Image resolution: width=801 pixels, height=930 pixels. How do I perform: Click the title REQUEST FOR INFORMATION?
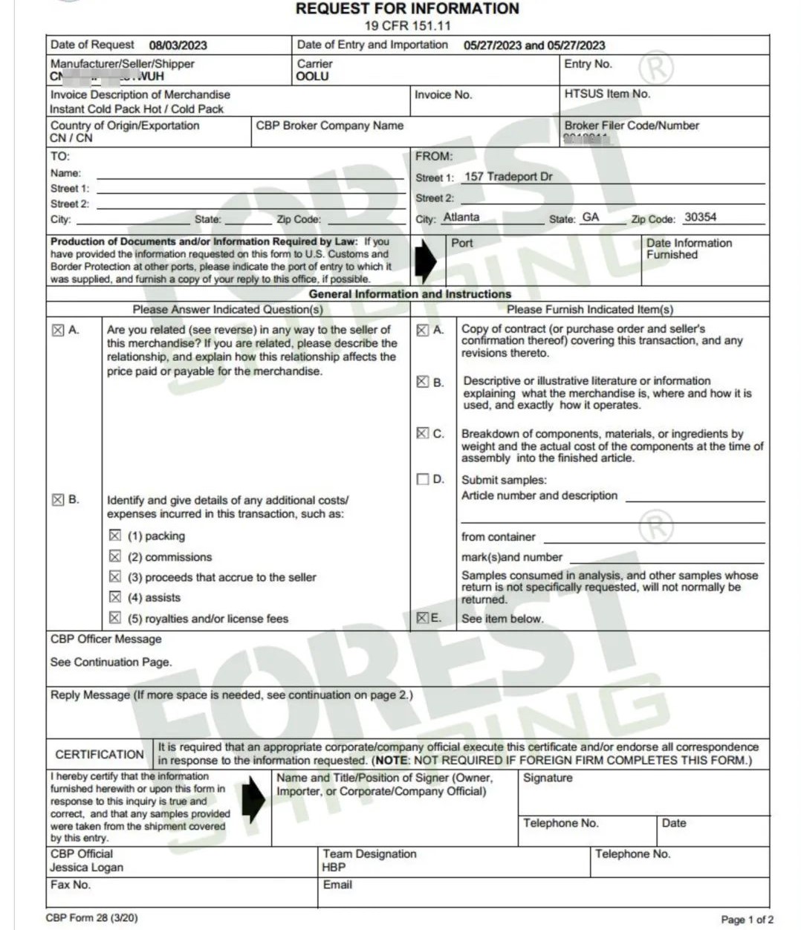pyautogui.click(x=407, y=9)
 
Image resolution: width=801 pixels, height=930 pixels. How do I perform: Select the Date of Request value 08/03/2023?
pyautogui.click(x=178, y=45)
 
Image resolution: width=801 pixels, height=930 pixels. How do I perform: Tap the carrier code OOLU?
pyautogui.click(x=312, y=77)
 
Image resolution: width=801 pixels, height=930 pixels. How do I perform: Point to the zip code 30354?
pyautogui.click(x=700, y=217)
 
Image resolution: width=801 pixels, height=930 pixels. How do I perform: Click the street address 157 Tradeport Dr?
pyautogui.click(x=508, y=177)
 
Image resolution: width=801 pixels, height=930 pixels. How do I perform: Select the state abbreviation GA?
pyautogui.click(x=591, y=217)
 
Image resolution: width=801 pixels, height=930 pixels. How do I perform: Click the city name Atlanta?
pyautogui.click(x=461, y=217)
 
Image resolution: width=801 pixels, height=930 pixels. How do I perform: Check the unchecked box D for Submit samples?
pyautogui.click(x=423, y=479)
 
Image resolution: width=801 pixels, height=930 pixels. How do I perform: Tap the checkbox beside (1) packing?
pyautogui.click(x=115, y=536)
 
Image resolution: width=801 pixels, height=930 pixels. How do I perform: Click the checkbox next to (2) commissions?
pyautogui.click(x=115, y=556)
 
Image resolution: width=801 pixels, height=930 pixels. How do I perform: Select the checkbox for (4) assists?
pyautogui.click(x=115, y=597)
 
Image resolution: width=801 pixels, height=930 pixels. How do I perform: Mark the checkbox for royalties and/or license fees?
pyautogui.click(x=115, y=618)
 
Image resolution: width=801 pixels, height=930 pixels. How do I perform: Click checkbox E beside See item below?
pyautogui.click(x=422, y=618)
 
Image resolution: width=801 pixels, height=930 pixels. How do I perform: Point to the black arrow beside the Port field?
pyautogui.click(x=425, y=259)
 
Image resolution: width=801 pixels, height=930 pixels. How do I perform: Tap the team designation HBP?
pyautogui.click(x=334, y=868)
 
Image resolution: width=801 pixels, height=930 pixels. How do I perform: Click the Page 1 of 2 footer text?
pyautogui.click(x=747, y=920)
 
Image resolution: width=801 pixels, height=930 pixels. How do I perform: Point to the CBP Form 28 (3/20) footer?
pyautogui.click(x=91, y=918)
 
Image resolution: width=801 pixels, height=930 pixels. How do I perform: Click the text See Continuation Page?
pyautogui.click(x=111, y=662)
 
